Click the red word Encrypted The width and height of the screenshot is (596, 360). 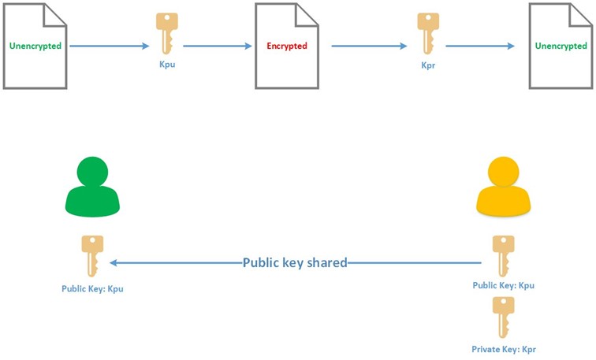click(x=287, y=46)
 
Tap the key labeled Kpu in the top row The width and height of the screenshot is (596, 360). click(x=167, y=33)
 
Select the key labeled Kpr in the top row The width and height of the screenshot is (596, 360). click(x=428, y=33)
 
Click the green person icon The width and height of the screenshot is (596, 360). click(x=92, y=187)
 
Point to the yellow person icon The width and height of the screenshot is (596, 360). click(x=503, y=187)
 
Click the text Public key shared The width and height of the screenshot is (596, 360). click(x=295, y=262)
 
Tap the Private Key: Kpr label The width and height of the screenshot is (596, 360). click(x=504, y=350)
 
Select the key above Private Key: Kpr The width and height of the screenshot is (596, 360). click(x=503, y=317)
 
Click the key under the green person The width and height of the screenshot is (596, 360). click(x=92, y=256)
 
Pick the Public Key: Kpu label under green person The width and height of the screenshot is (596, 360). click(x=92, y=288)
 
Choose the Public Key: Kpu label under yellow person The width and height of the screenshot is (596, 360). click(x=503, y=285)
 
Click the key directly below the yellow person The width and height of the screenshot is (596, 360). click(x=503, y=256)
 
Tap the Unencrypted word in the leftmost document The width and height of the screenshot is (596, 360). click(x=35, y=46)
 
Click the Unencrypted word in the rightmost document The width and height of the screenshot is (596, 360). click(x=561, y=46)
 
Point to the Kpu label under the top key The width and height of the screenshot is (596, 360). click(x=167, y=64)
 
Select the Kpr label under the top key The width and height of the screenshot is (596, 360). click(x=428, y=65)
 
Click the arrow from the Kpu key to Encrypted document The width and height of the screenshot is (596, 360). click(x=218, y=46)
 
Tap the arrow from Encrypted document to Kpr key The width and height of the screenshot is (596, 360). click(x=369, y=46)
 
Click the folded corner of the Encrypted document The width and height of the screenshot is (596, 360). click(x=306, y=15)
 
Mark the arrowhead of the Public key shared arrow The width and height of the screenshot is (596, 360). click(x=113, y=262)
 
